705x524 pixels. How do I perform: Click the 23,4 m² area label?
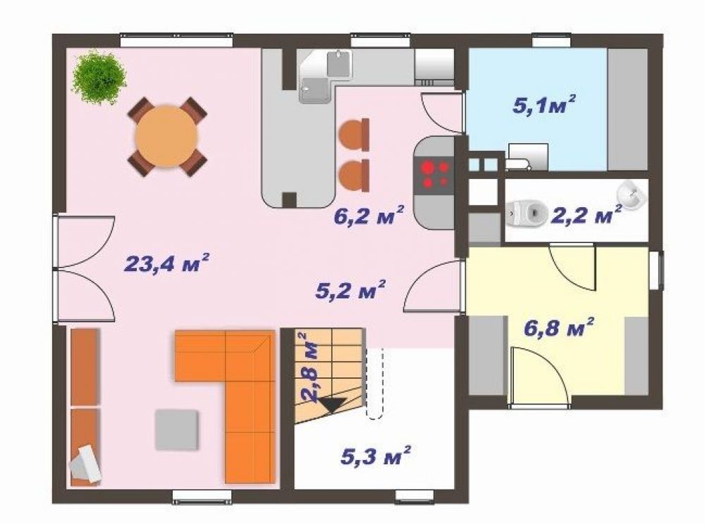click(x=166, y=263)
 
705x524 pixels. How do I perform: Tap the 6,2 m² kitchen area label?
click(x=369, y=216)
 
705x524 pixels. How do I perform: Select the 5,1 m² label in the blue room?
click(x=544, y=106)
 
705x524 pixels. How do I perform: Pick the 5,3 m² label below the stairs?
click(x=376, y=456)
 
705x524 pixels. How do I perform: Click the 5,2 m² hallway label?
click(x=350, y=290)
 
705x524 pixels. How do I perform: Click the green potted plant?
click(x=99, y=77)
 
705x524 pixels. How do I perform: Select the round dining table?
click(x=167, y=136)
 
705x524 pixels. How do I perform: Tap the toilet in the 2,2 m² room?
click(x=526, y=213)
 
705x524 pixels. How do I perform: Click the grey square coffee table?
click(x=177, y=430)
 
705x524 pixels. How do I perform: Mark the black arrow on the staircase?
click(x=333, y=404)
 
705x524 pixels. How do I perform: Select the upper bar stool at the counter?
click(x=355, y=135)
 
